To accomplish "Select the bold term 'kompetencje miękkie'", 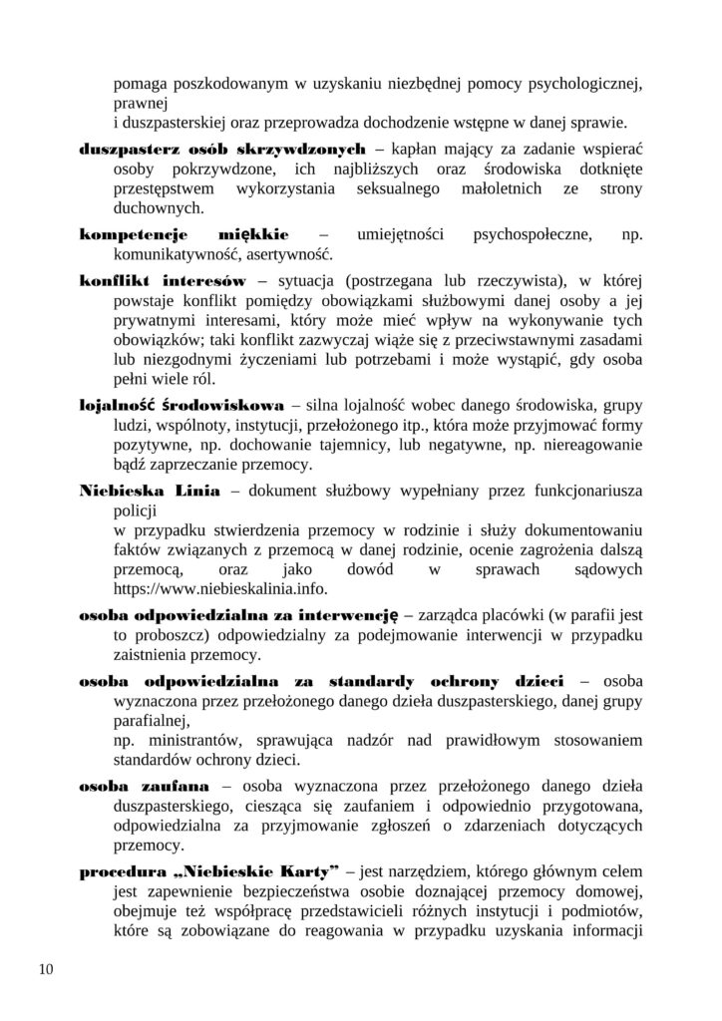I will [x=184, y=234].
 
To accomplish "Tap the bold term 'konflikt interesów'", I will [x=163, y=278].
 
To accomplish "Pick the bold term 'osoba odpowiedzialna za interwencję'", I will [x=239, y=615].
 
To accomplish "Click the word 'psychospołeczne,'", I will [x=527, y=234].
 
